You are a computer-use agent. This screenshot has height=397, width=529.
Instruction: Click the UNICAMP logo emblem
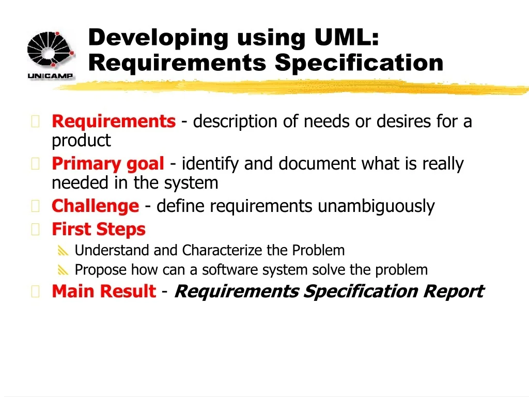[51, 49]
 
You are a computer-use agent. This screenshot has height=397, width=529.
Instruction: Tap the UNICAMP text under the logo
[50, 76]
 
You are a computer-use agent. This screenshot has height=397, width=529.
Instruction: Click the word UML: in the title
[347, 37]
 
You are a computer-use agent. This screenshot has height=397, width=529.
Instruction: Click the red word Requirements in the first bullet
[114, 121]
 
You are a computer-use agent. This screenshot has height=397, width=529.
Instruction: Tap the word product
[81, 141]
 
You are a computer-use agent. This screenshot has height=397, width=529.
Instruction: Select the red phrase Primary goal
[108, 164]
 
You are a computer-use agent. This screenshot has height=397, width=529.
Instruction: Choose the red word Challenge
[96, 206]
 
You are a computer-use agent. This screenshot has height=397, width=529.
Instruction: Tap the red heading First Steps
[99, 230]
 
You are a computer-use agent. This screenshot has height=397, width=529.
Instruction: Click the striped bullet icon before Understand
[63, 251]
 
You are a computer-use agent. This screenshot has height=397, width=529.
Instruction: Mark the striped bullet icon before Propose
[63, 270]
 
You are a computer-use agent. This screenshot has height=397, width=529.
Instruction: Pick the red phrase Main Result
[104, 291]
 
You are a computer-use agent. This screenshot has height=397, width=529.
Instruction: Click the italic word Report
[454, 292]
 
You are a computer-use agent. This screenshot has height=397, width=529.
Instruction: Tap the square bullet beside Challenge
[36, 206]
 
